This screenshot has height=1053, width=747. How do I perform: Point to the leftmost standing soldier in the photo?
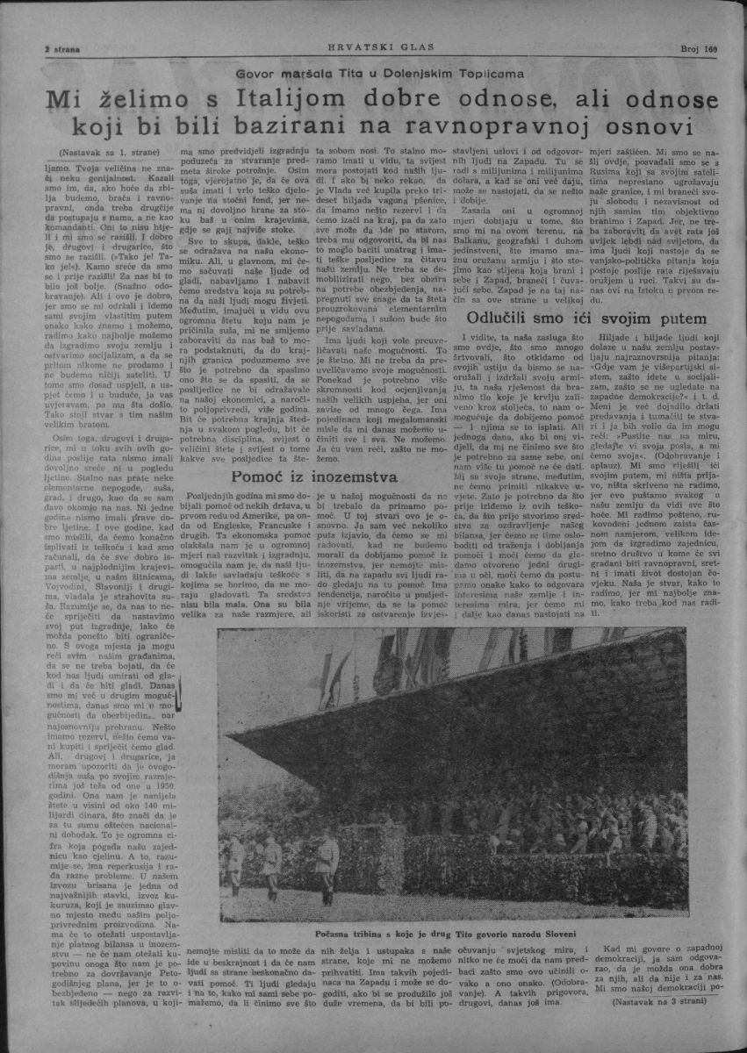235,864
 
